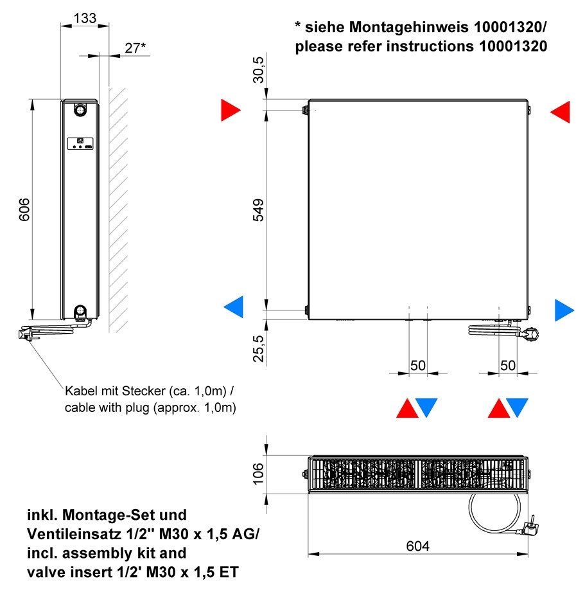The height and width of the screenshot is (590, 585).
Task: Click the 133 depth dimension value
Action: [85, 18]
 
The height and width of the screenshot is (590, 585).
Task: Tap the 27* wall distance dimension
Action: [135, 48]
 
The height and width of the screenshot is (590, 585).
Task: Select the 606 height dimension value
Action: [24, 210]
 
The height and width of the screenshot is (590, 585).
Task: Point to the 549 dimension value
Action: [259, 210]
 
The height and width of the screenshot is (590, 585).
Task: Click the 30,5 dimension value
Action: [259, 69]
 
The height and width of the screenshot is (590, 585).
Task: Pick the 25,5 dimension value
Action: [259, 348]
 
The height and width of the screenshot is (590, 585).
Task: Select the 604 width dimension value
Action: [417, 546]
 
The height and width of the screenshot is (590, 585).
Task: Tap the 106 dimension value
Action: [259, 474]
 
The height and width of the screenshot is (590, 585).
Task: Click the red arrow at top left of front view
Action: [231, 111]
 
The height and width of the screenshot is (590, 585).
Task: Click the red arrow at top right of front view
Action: [560, 112]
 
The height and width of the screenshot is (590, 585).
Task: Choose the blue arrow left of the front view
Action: [234, 307]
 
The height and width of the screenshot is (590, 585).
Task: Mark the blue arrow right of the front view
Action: [564, 310]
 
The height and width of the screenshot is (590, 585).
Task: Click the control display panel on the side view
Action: [80, 144]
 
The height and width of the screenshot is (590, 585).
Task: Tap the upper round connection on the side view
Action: [80, 110]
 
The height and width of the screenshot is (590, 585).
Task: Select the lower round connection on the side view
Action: [80, 311]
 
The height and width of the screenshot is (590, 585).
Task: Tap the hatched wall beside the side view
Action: [118, 210]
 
